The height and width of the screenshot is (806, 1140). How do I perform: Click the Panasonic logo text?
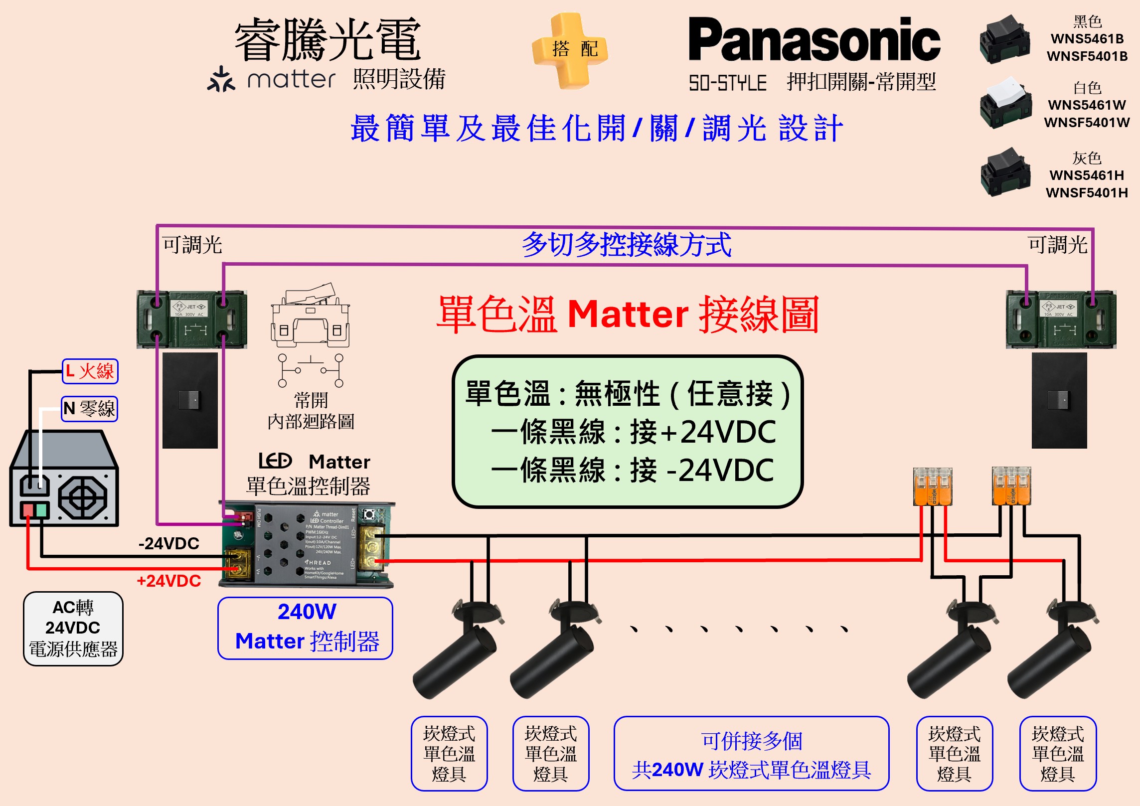point(814,40)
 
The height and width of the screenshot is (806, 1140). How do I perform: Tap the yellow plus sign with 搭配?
point(570,50)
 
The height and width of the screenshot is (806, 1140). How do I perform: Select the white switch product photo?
point(1005,103)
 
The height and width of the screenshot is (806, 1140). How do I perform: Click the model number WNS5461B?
point(1087,39)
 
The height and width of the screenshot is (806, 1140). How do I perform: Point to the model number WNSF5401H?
point(1087,193)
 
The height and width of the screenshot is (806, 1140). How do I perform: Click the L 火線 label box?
point(90,371)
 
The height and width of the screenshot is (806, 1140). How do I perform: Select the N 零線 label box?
point(90,409)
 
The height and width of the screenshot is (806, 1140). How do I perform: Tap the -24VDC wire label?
point(169,543)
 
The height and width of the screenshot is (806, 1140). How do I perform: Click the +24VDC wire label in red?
point(169,581)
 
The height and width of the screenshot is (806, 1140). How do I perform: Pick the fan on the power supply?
point(83,497)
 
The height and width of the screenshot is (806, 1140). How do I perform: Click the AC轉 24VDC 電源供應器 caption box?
point(73,629)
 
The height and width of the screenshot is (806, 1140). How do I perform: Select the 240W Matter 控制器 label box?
point(306,628)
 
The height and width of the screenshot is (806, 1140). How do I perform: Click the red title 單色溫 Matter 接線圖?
point(628,315)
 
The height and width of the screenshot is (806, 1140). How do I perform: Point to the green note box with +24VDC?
point(628,432)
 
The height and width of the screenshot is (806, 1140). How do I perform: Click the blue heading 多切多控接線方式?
point(627,245)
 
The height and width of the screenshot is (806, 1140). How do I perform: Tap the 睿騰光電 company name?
point(328,40)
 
